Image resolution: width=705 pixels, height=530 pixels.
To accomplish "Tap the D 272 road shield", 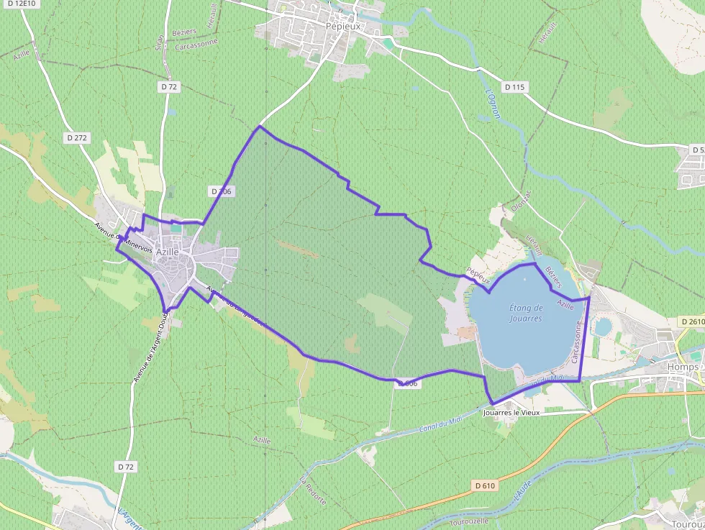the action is pos(76,137).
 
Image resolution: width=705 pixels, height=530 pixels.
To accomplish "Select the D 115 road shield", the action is pos(515,87).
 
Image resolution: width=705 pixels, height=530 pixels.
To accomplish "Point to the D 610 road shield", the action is pos(486,486).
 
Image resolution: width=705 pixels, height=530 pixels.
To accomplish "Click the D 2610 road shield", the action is pos(691,321).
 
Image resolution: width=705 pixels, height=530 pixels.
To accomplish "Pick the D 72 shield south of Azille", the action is pos(125,467).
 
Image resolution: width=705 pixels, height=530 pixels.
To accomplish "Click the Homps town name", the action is pos(683,367).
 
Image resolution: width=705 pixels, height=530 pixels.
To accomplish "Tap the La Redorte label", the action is pos(313,490).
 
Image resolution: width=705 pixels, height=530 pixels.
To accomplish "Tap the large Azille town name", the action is pos(167,252).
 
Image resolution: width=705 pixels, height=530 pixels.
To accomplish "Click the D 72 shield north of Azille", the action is pos(169,86).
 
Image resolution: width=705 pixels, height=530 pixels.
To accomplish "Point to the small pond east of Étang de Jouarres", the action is pos(603,327).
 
